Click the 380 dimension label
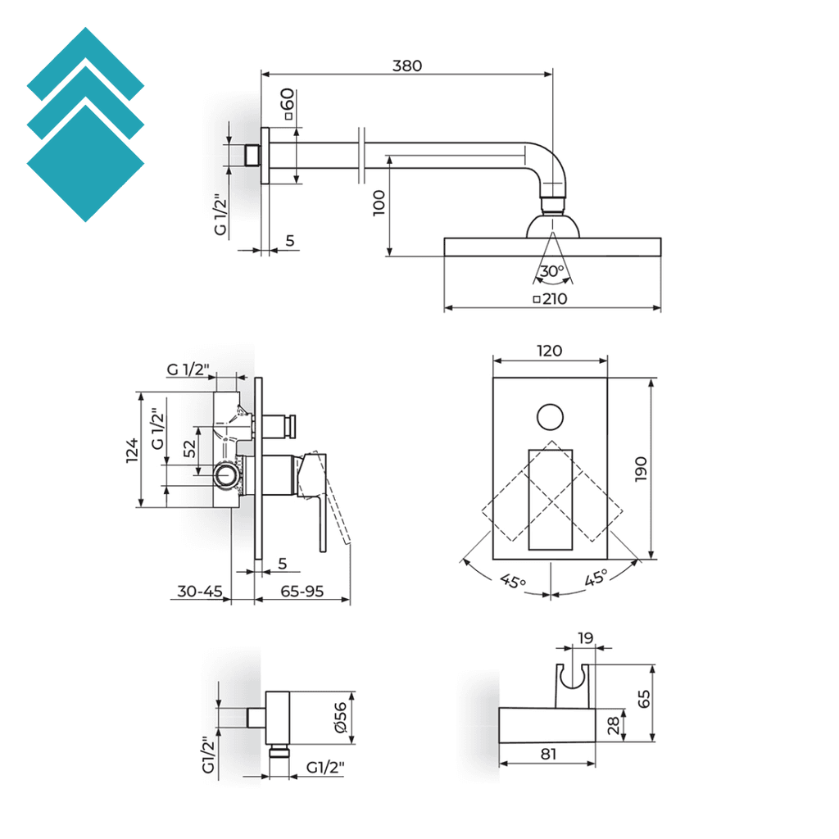(x=406, y=66)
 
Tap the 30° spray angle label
(x=551, y=271)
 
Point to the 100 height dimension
(x=379, y=203)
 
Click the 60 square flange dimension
(x=287, y=105)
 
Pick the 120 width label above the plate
(x=549, y=351)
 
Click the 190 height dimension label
(x=641, y=469)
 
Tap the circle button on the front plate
(x=551, y=417)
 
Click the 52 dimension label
(x=189, y=449)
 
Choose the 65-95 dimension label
(x=302, y=590)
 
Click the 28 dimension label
(x=614, y=724)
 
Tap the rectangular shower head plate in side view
(x=552, y=247)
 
